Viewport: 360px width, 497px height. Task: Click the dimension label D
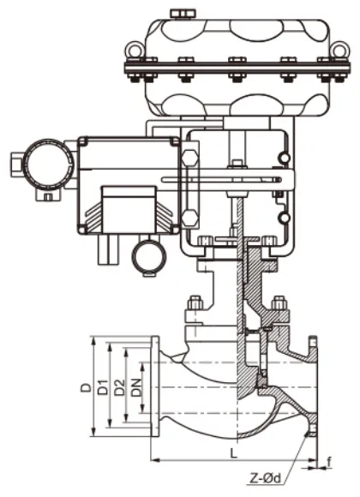coord(85,387)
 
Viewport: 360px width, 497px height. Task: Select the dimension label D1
coord(103,387)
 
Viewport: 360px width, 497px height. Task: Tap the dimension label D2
coord(120,387)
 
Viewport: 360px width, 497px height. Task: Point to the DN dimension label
coord(136,387)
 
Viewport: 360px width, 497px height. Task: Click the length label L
coord(233,454)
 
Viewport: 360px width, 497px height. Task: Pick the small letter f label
coord(329,463)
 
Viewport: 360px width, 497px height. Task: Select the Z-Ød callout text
coord(265,478)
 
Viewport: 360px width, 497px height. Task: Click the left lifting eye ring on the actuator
coord(135,50)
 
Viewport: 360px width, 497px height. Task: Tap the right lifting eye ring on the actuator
coord(339,50)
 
